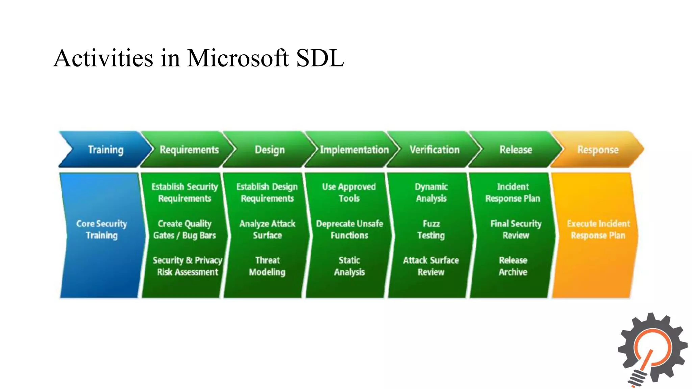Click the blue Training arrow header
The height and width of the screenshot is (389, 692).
click(105, 150)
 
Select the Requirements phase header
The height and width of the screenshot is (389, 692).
click(189, 150)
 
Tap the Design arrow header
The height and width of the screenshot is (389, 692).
click(270, 150)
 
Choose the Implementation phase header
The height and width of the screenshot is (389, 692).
click(354, 150)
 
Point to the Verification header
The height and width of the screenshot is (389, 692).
click(435, 150)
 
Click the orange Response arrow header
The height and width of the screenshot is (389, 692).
click(598, 150)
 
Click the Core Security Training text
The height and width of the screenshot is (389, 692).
click(101, 229)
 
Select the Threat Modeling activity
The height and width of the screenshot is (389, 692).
click(267, 266)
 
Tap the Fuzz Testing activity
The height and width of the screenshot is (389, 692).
click(431, 229)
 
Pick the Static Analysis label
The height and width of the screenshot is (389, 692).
click(349, 266)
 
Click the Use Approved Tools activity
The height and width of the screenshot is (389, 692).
click(349, 192)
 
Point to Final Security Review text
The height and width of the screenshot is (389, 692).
click(516, 229)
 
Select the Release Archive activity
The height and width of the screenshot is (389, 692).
click(513, 266)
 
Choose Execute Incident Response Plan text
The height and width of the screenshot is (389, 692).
click(598, 229)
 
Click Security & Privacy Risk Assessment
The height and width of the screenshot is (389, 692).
click(188, 266)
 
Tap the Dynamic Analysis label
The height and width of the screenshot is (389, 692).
click(431, 192)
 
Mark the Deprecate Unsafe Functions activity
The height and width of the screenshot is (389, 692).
click(349, 229)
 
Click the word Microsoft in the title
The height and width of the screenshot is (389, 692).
click(238, 58)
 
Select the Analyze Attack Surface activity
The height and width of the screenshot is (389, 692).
click(267, 229)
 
